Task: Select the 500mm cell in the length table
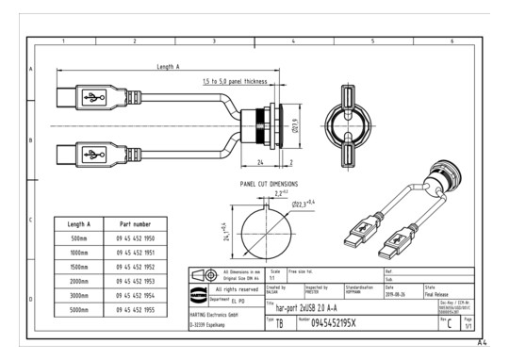click(x=79, y=239)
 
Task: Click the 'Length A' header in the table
click(x=79, y=224)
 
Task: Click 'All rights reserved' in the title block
click(x=238, y=289)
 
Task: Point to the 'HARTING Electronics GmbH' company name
click(x=220, y=314)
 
